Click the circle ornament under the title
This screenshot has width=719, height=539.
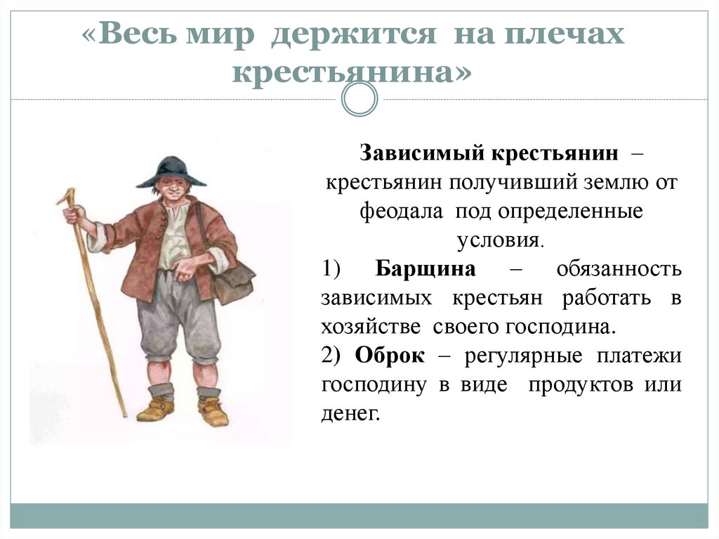pos(359,99)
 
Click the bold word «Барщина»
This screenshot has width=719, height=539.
pos(426,269)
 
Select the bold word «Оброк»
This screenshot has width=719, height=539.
pos(390,356)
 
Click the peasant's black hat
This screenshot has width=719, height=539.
pos(171,170)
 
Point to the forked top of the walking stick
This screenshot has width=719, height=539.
pos(66,196)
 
